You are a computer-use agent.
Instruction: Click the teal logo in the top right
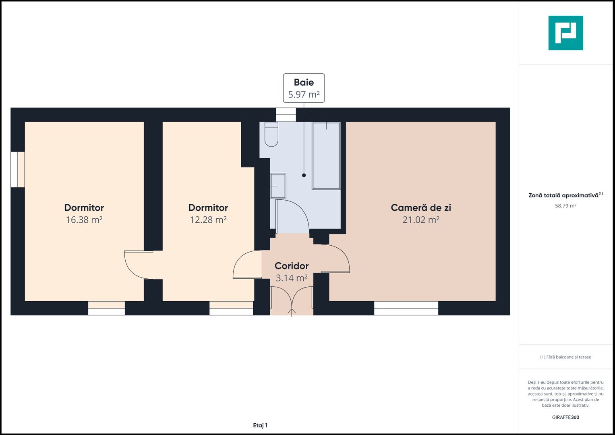click(565, 33)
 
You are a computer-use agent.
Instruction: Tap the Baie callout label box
click(304, 88)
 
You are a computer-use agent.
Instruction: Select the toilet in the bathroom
click(271, 135)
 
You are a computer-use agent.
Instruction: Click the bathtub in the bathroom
click(326, 155)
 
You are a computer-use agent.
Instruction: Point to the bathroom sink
click(278, 186)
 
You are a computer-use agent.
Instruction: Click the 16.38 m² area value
click(84, 220)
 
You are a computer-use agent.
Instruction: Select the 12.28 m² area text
click(208, 220)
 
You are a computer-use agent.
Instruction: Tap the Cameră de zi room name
click(420, 208)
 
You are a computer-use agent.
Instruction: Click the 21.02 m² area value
click(420, 220)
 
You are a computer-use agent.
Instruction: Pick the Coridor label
click(292, 266)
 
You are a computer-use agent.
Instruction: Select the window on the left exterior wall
click(18, 170)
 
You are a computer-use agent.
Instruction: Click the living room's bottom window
click(406, 308)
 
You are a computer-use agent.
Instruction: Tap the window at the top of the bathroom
click(286, 115)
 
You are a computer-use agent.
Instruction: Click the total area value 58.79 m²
click(565, 206)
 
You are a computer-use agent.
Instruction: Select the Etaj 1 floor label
click(260, 425)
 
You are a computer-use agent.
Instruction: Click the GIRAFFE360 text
click(565, 417)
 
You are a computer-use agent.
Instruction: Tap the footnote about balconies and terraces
click(565, 357)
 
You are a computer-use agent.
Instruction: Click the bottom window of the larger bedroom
click(106, 308)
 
